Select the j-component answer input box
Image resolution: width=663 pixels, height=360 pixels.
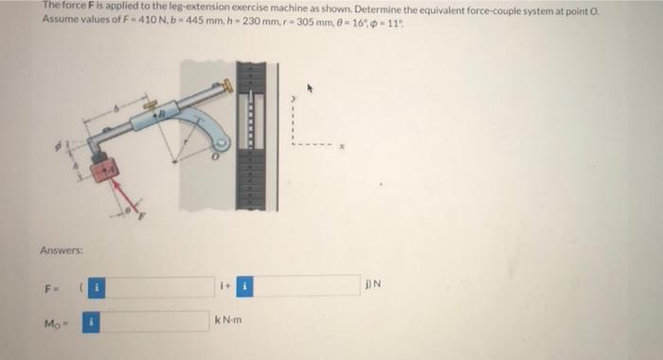(x=306, y=285)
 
